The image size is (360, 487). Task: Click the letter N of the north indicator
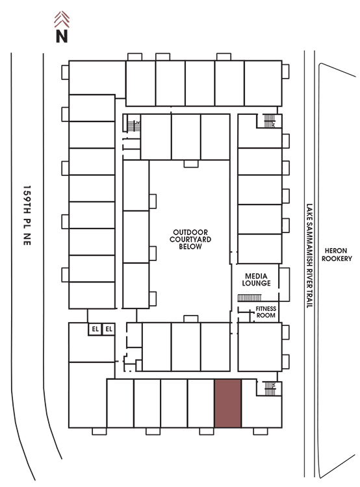pyautogui.click(x=62, y=36)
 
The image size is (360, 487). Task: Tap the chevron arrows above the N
pyautogui.click(x=62, y=19)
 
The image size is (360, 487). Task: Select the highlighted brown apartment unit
pyautogui.click(x=228, y=403)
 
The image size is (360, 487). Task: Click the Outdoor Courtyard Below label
pyautogui.click(x=190, y=240)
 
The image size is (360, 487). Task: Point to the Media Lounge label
pyautogui.click(x=256, y=279)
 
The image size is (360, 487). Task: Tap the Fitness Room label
pyautogui.click(x=266, y=312)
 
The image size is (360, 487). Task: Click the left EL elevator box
pyautogui.click(x=95, y=329)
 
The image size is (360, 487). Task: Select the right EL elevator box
pyautogui.click(x=109, y=329)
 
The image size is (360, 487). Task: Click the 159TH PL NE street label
pyautogui.click(x=27, y=216)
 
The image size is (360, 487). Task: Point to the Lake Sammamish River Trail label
pyautogui.click(x=309, y=256)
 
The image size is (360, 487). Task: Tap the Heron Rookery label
pyautogui.click(x=337, y=255)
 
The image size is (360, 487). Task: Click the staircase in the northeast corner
pyautogui.click(x=270, y=121)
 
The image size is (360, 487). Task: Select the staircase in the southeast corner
pyautogui.click(x=270, y=388)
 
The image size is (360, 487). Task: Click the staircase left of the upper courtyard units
pyautogui.click(x=134, y=126)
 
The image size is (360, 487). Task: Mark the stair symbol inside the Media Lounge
pyautogui.click(x=250, y=298)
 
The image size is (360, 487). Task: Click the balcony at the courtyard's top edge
pyautogui.click(x=191, y=164)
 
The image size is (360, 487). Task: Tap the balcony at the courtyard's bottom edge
pyautogui.click(x=191, y=319)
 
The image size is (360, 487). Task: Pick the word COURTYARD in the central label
pyautogui.click(x=190, y=240)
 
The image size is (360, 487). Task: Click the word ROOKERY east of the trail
pyautogui.click(x=337, y=258)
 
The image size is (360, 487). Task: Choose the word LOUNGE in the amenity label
pyautogui.click(x=256, y=283)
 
